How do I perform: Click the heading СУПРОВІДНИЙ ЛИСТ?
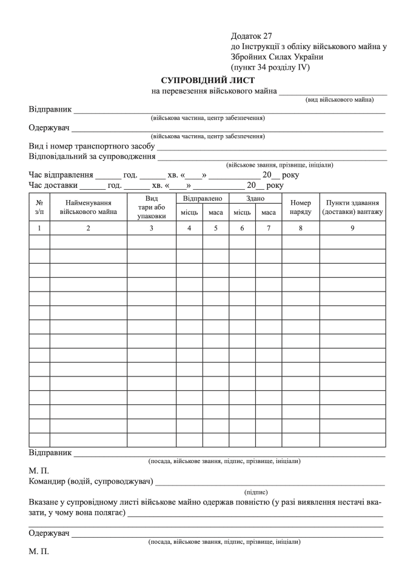pos(208,80)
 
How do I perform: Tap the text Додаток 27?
pos(252,36)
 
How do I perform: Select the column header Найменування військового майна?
pos(89,207)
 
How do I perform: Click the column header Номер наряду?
pos(301,207)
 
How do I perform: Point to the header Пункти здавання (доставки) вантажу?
pos(353,207)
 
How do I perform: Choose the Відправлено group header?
pos(203,198)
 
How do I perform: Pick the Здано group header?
pos(255,198)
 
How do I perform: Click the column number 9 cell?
pos(353,228)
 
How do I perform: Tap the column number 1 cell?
pos(39,228)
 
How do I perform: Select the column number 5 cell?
pos(216,228)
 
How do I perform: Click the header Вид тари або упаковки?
pos(152,207)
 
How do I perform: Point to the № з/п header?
pos(39,207)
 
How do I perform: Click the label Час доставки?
pos(53,185)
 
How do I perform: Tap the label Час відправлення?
pos(60,175)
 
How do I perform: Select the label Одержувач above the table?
pos(49,128)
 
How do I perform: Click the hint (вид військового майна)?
pos(344,99)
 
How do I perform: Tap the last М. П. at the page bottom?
pos(39,552)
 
